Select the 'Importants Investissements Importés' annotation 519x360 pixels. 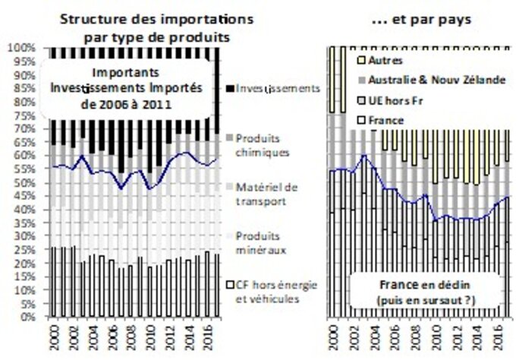(125, 87)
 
